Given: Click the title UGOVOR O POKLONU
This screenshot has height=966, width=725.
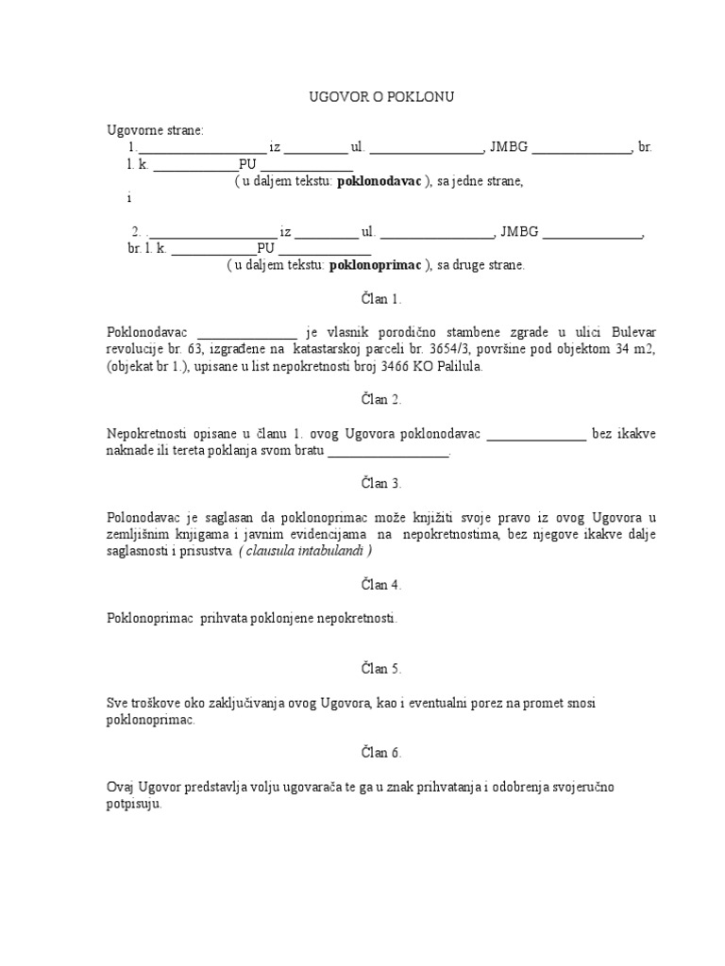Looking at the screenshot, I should coord(362,97).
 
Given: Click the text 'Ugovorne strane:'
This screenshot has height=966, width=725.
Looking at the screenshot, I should coord(150,130).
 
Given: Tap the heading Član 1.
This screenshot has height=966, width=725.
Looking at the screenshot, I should coord(362,299).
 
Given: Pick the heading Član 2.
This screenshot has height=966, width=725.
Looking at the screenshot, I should coord(362,400).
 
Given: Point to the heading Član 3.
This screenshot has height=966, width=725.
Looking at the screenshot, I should coord(362,484).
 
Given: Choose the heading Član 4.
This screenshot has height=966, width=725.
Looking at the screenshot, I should coord(362,585).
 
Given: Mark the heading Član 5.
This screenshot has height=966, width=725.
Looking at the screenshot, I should coord(362,670).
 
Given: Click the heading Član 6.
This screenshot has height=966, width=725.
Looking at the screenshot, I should coord(362,753).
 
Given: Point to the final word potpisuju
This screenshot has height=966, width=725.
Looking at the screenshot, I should coord(135,804).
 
